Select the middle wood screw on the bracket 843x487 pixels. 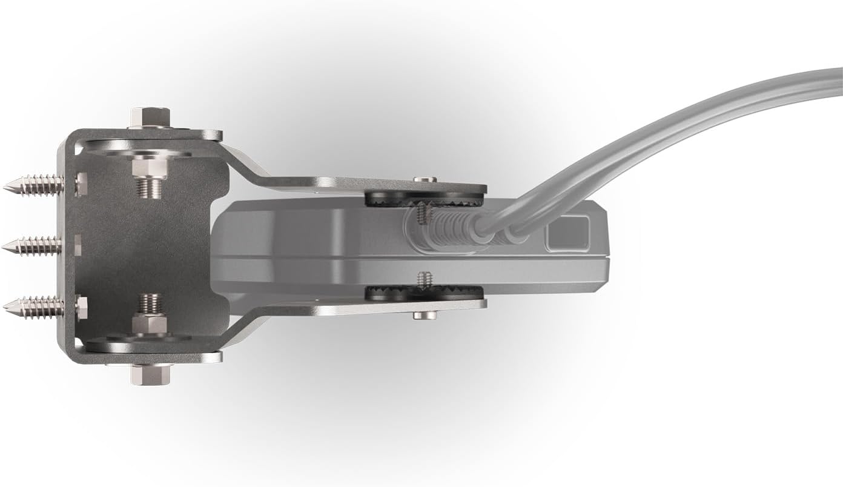point(33,245)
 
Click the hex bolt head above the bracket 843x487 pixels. point(150,116)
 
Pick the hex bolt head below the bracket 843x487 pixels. point(150,374)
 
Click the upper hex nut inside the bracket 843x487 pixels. point(149,167)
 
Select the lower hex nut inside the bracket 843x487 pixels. point(149,323)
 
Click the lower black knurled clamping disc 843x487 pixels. point(424,294)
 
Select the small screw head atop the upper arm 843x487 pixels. point(425,180)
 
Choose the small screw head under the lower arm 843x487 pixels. point(425,315)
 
